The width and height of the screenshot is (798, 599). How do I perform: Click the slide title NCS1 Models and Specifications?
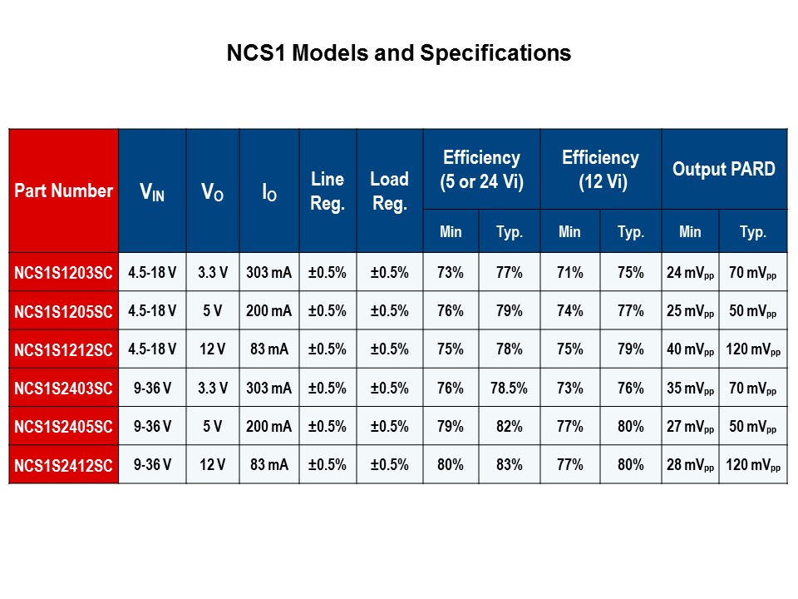[x=399, y=53]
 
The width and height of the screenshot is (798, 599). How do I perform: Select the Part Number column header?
[x=63, y=191]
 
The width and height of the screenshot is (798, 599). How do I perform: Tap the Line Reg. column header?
[x=328, y=191]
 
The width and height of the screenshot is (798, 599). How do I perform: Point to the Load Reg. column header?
[x=389, y=191]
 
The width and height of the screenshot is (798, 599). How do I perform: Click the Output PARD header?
[x=723, y=170]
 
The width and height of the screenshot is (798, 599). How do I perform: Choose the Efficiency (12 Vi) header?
[x=600, y=170]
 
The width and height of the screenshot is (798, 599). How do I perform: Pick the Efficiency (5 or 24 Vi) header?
[x=481, y=170]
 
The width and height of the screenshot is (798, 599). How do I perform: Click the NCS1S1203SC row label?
[x=63, y=272]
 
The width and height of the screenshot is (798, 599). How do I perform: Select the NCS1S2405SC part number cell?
[x=63, y=427]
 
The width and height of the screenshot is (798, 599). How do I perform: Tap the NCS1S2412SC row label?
[x=63, y=466]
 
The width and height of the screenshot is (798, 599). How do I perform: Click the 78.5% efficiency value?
[x=509, y=389]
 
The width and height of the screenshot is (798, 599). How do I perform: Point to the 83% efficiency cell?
[x=509, y=466]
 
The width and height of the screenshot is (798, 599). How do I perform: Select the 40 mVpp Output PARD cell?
[x=690, y=349]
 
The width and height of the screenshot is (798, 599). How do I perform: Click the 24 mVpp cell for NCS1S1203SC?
[x=690, y=272]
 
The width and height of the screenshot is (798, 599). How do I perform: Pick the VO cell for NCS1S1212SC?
[x=212, y=349]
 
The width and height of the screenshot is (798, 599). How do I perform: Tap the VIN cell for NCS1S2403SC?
[x=152, y=389]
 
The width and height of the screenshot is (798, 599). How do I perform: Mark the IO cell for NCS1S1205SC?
[x=269, y=311]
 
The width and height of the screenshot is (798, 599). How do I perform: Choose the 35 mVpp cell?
[x=690, y=389]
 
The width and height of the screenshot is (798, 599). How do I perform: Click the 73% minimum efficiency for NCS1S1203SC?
[x=451, y=272]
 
